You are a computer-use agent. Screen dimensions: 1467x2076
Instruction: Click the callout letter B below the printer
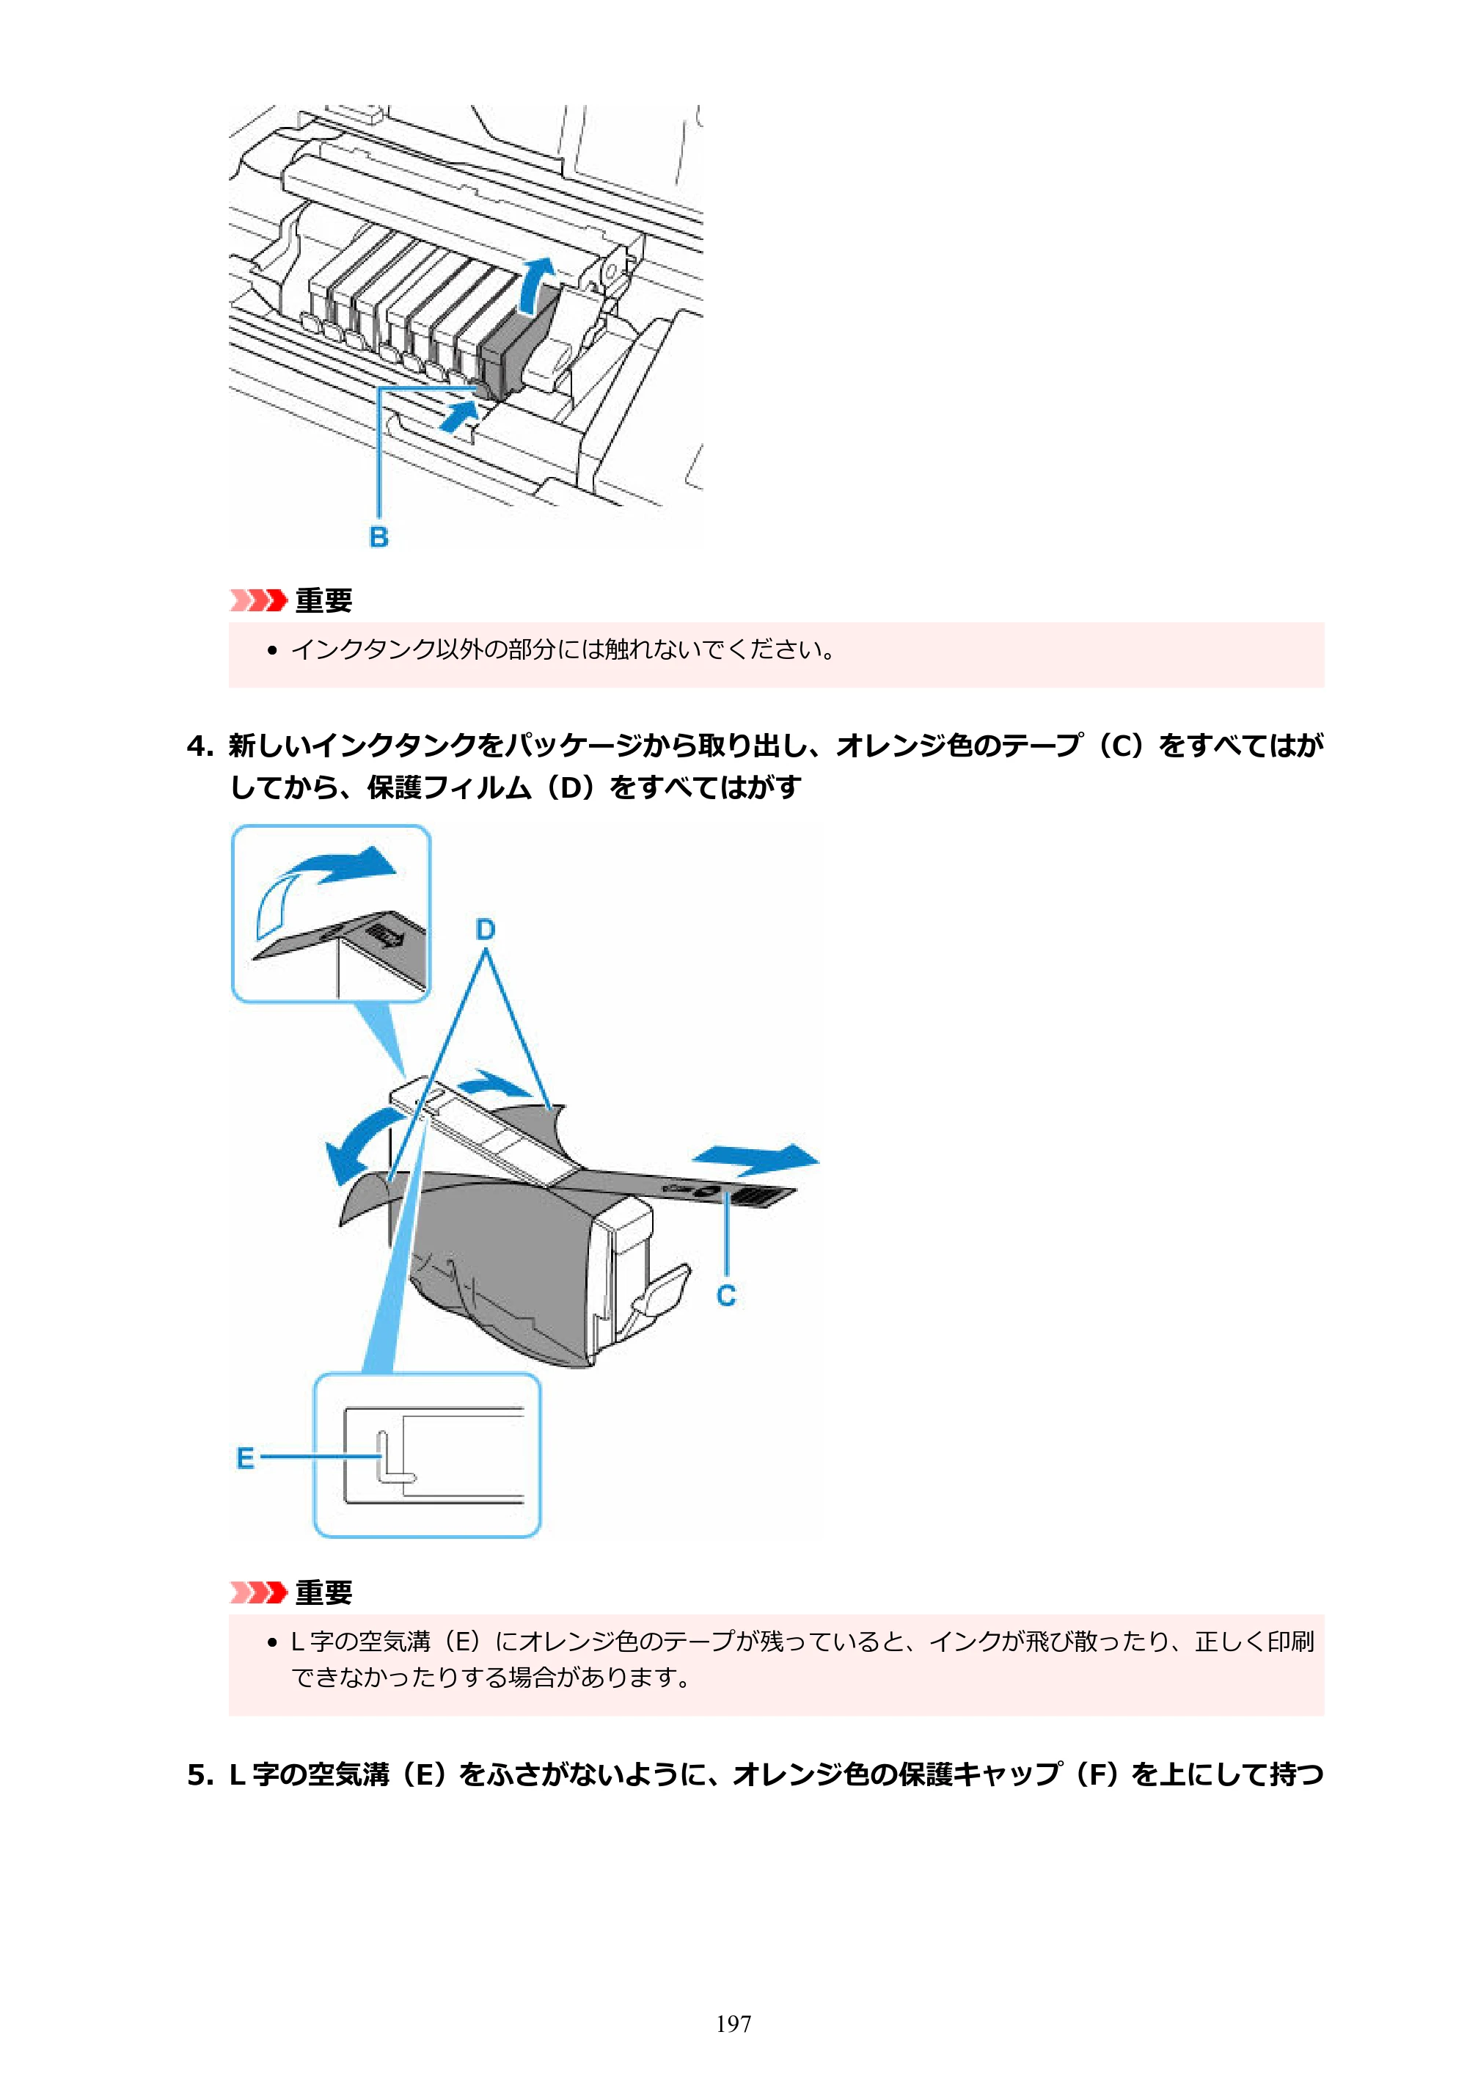(378, 537)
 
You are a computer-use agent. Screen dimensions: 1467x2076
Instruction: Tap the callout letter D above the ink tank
(486, 930)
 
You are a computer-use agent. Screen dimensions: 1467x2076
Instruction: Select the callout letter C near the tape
(726, 1296)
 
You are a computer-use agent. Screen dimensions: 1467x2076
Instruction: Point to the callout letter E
(245, 1458)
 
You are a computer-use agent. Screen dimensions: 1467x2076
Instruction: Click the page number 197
(733, 2024)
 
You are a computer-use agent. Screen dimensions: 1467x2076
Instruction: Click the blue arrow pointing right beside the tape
(756, 1158)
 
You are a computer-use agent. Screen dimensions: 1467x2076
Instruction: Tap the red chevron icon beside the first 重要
(257, 600)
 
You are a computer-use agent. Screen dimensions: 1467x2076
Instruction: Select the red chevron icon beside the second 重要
(257, 1592)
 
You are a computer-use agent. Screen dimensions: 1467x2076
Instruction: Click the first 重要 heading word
(323, 600)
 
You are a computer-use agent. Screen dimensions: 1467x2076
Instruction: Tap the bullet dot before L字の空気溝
(272, 1642)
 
